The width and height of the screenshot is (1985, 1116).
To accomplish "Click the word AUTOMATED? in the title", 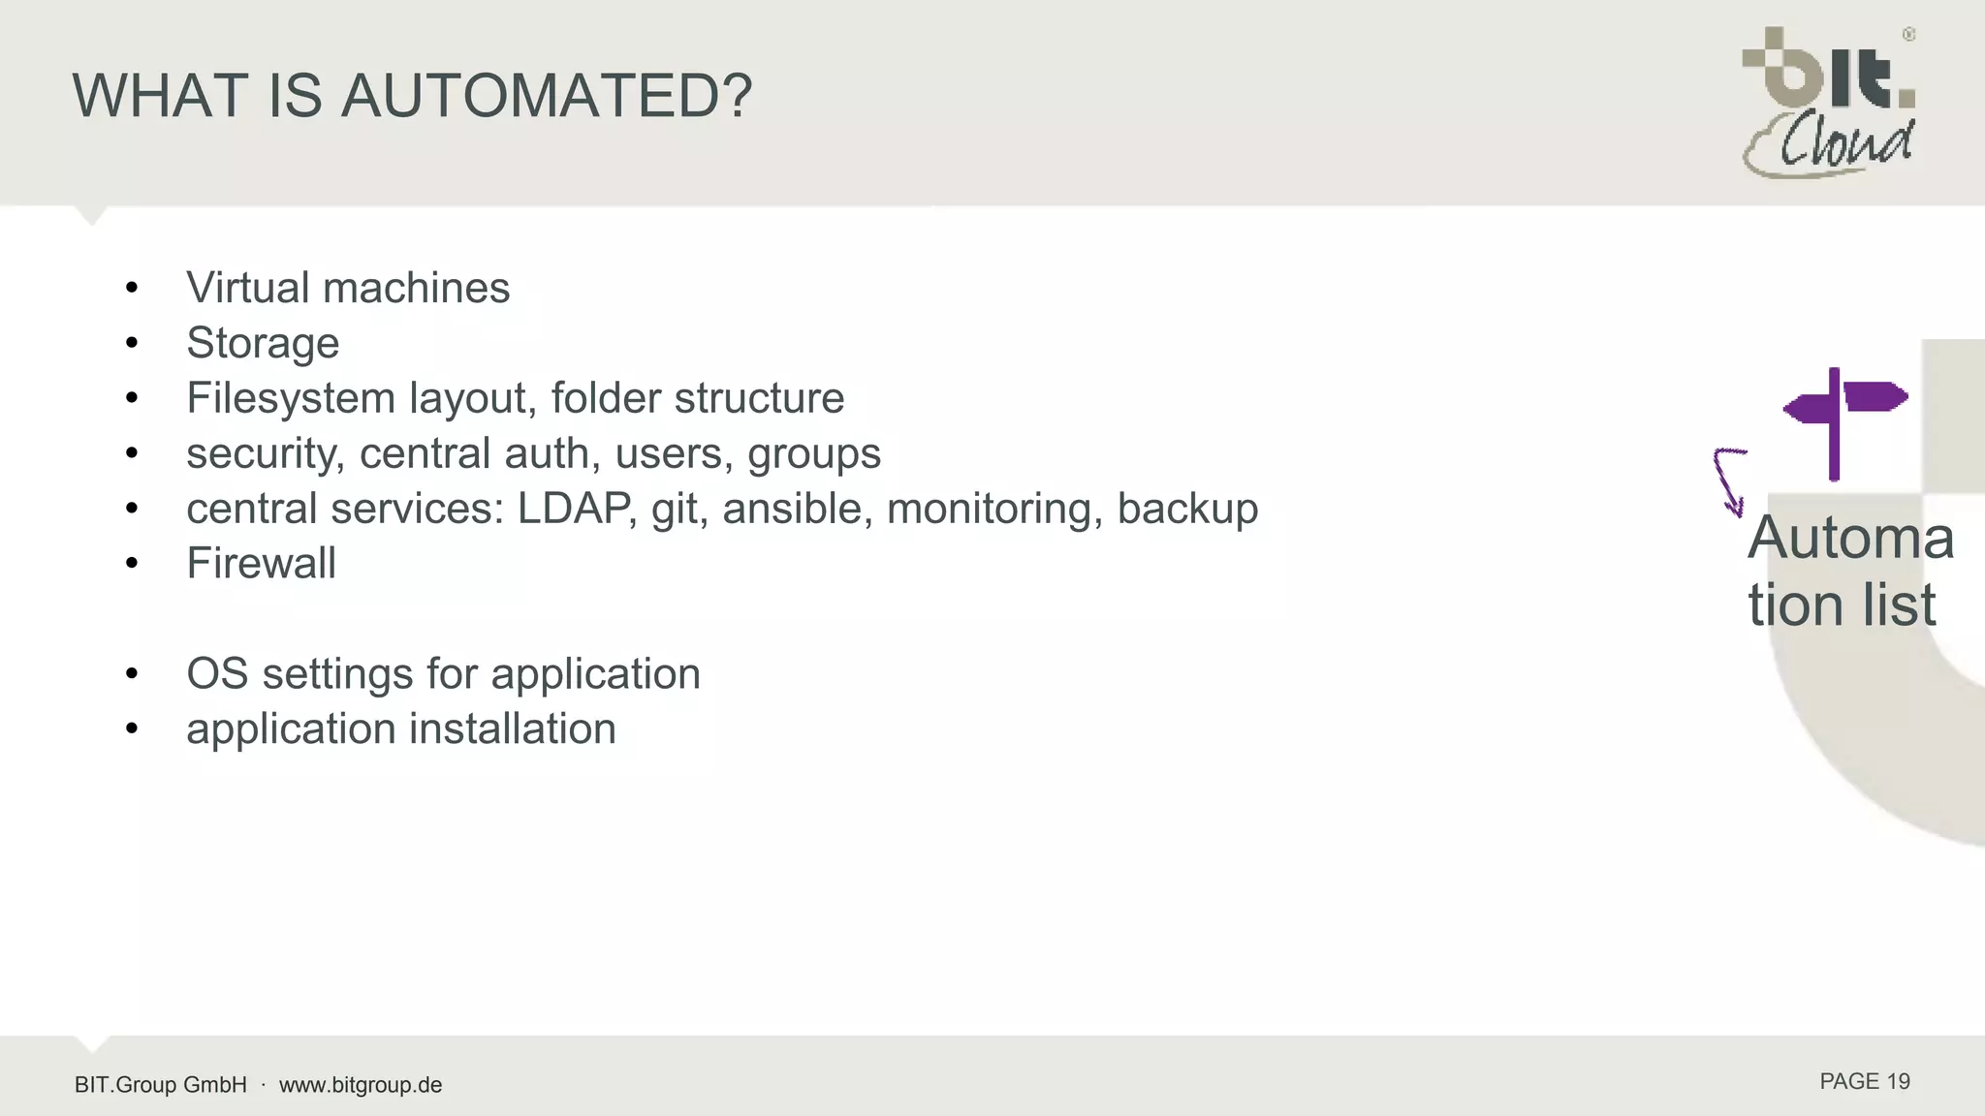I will point(547,96).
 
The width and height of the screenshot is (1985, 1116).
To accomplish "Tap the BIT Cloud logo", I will point(1829,102).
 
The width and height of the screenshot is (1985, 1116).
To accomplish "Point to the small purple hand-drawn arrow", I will point(1729,480).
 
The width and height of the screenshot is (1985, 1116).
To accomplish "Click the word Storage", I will point(263,343).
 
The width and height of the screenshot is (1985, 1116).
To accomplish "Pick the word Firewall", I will point(261,564).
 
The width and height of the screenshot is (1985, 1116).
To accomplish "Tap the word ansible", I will point(792,509).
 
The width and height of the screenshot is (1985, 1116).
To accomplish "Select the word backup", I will point(1187,509).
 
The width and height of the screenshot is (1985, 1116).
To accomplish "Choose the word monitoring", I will point(995,509).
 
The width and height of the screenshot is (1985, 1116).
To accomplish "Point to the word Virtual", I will point(247,288).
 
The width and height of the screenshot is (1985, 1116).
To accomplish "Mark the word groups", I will point(814,453).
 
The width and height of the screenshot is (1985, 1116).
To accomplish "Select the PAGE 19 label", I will point(1864,1082).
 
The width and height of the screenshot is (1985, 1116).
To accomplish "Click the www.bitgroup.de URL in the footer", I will point(361,1085).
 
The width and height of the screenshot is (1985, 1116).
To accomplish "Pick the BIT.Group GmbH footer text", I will point(161,1085).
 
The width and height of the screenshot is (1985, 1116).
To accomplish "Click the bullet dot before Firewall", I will point(132,564).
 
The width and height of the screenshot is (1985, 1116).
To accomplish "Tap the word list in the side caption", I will point(1899,605).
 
